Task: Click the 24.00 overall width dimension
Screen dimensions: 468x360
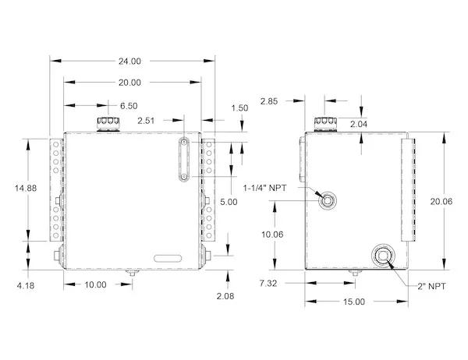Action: tap(129, 61)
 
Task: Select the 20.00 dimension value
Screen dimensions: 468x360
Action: tap(129, 83)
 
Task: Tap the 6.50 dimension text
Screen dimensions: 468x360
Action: tap(129, 106)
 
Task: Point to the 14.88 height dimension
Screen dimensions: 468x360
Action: tap(26, 189)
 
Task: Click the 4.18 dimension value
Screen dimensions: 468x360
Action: tap(26, 286)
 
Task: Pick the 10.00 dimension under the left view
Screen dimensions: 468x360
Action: tap(95, 285)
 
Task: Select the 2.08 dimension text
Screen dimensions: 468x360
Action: tap(225, 296)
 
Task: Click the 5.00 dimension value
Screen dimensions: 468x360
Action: tap(229, 202)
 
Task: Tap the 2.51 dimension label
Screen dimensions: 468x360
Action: tap(146, 121)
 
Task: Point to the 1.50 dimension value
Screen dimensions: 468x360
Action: tap(239, 108)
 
